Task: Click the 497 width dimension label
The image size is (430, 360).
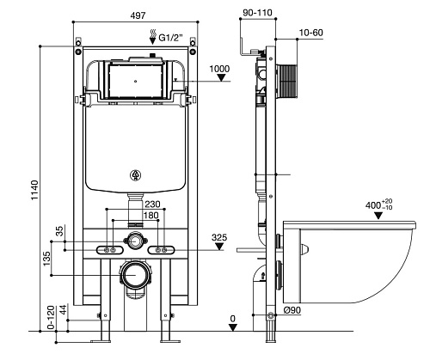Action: point(138,15)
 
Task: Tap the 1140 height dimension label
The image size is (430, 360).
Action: point(34,190)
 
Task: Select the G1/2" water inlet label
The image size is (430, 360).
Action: point(171,38)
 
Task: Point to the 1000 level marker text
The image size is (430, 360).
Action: point(219,69)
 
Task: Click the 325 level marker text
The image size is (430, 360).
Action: point(219,237)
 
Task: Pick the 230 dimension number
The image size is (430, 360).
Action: point(152,204)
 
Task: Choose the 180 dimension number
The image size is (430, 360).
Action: point(151,215)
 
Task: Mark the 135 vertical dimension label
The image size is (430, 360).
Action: point(46,259)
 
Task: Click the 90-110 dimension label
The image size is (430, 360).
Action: point(257,13)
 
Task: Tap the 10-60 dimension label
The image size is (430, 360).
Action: point(311,33)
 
